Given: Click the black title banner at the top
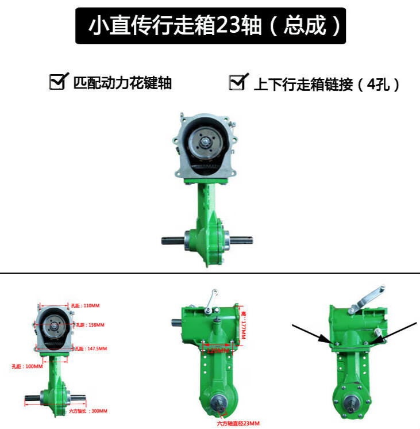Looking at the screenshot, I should tap(210, 26).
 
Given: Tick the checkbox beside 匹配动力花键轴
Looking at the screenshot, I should tap(57, 82).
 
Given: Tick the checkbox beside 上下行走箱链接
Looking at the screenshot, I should tap(236, 82).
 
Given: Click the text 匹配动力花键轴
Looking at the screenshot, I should tap(122, 83).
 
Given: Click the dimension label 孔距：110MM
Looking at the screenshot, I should tap(86, 306).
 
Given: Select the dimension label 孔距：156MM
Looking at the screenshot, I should tap(91, 325).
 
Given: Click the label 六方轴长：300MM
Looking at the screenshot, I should tap(88, 411).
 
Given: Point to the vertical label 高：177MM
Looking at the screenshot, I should tap(244, 324).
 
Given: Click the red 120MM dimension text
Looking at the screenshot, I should tap(216, 349).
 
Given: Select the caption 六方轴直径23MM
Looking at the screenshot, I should tap(238, 423).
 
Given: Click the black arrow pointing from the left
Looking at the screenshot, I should tap(310, 334).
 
